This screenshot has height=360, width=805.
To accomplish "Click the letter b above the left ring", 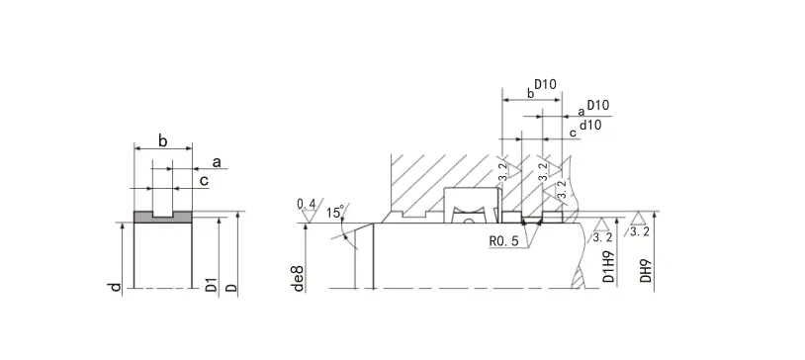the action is [x=163, y=140].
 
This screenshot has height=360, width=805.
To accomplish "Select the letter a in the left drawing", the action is [x=217, y=163].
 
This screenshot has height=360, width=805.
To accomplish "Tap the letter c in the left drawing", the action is [x=204, y=181].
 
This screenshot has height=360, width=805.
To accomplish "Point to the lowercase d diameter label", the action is [x=117, y=287].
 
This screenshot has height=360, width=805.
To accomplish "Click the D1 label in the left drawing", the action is [x=212, y=285].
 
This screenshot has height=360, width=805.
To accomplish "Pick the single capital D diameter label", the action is [x=232, y=287].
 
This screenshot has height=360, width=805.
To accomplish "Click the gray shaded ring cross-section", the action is [x=163, y=218].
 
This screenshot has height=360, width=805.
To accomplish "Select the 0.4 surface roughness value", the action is [x=307, y=204].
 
